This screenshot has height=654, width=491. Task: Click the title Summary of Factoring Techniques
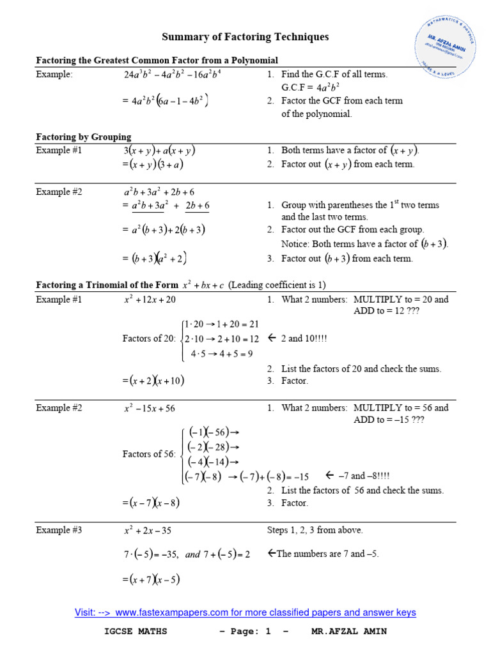[245, 37]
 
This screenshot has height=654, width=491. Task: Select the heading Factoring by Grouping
[84, 137]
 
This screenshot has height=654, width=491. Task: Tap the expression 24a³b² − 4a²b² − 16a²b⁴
[172, 75]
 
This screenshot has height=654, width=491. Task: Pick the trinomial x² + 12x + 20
[150, 300]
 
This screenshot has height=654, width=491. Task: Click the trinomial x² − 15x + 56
[150, 408]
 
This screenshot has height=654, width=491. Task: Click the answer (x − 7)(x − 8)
[154, 503]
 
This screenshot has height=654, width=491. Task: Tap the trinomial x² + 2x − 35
[148, 530]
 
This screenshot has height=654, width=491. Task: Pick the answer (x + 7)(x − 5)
[154, 580]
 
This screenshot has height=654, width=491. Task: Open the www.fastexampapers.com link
[245, 612]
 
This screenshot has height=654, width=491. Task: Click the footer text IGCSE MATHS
[136, 632]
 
